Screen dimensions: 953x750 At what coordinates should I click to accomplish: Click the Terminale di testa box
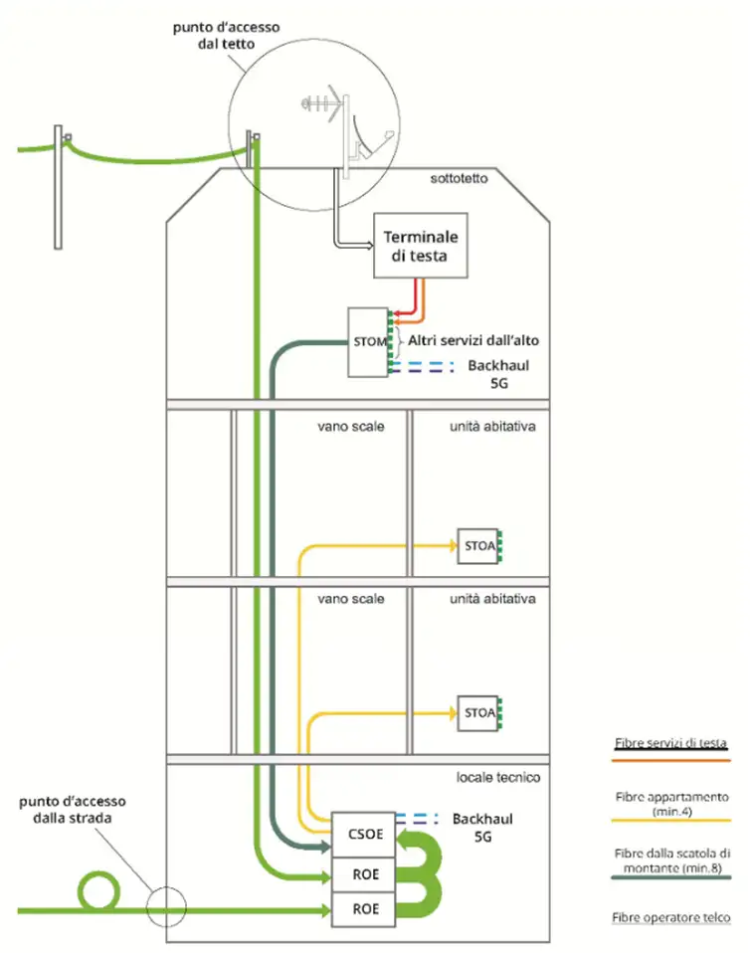click(x=422, y=246)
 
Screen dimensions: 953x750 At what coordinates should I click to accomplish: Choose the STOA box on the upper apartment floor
click(x=478, y=546)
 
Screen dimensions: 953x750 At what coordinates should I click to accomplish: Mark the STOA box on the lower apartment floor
click(x=478, y=711)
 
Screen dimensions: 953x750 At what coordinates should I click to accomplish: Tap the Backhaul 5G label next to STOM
click(x=497, y=374)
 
